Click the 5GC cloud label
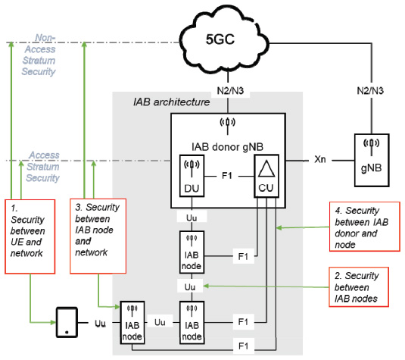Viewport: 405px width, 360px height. tap(220, 39)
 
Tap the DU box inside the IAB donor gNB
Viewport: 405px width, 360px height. tap(192, 176)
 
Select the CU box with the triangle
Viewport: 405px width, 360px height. tap(266, 176)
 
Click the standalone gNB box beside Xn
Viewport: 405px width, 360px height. tap(372, 160)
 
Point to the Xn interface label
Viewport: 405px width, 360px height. tap(320, 159)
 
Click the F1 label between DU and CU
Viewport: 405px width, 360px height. tap(227, 176)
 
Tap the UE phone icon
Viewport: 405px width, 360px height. tap(67, 322)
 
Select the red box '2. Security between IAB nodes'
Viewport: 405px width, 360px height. tap(359, 287)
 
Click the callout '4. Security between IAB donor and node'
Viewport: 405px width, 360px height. tap(365, 227)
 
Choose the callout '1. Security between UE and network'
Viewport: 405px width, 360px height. tap(30, 236)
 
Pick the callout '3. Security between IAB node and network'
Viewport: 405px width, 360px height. tap(98, 236)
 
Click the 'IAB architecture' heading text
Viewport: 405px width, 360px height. tap(172, 102)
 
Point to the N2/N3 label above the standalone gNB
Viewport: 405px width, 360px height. tap(370, 91)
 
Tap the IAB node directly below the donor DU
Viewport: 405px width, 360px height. tap(192, 252)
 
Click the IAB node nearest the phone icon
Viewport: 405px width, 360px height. tap(132, 323)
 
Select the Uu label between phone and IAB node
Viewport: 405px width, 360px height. tap(100, 324)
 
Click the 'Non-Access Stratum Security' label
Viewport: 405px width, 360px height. tap(39, 55)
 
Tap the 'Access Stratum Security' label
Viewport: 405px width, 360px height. tap(43, 167)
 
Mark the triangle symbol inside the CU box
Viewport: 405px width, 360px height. tap(266, 168)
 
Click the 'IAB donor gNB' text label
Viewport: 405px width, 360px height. tap(227, 147)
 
